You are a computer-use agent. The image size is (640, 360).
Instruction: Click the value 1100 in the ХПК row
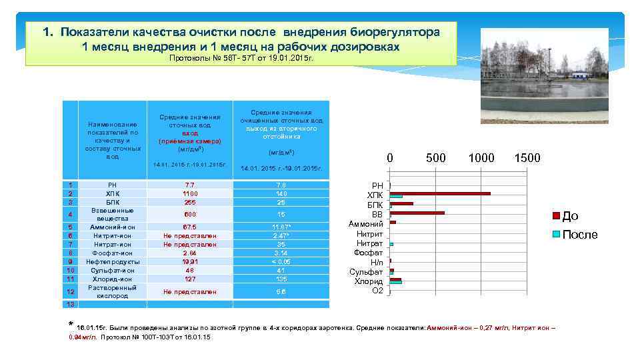[x=189, y=193]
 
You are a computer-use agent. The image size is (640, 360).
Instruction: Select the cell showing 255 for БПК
[x=189, y=202]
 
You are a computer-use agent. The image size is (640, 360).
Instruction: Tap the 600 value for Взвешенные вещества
[x=189, y=214]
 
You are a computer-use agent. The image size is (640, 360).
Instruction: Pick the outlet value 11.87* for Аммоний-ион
[x=282, y=227]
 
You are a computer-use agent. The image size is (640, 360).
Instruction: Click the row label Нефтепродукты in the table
[x=112, y=262]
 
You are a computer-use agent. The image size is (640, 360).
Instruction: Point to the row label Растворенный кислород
[x=112, y=291]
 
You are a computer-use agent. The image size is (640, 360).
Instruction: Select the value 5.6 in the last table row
[x=282, y=291]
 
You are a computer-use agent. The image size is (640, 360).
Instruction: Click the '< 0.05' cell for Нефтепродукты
[x=282, y=262]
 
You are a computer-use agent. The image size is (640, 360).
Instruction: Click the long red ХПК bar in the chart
[x=440, y=193]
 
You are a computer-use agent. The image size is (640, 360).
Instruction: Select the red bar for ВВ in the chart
[x=417, y=213]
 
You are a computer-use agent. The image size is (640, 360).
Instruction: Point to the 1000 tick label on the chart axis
[x=481, y=158]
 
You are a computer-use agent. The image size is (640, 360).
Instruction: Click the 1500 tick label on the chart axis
[x=527, y=158]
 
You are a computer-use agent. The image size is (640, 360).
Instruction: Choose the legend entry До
[x=570, y=215]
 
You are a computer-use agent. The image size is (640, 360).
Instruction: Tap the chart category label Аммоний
[x=366, y=224]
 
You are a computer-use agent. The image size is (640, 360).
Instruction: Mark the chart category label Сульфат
[x=366, y=272]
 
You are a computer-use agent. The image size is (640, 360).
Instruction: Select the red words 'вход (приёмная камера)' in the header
[x=189, y=137]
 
